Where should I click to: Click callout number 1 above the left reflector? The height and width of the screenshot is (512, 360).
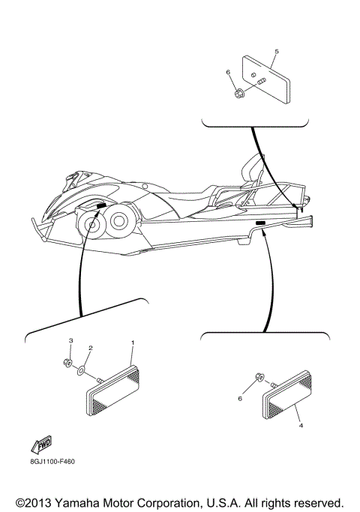point(133,343)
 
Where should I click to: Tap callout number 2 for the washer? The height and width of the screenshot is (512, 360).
point(91,349)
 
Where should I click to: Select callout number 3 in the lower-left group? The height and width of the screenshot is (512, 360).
point(72,341)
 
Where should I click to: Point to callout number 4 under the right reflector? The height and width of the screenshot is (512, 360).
point(301,425)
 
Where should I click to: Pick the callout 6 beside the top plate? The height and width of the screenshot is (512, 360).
point(228,72)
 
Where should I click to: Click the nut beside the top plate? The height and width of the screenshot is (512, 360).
point(238,94)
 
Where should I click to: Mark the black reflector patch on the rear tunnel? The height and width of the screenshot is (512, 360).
point(260,223)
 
